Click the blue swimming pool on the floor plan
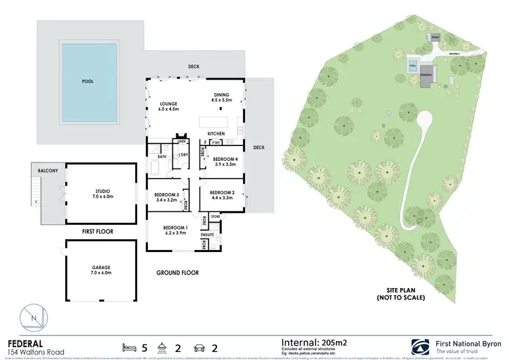88,80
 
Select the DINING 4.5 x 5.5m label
223,97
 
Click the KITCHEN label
216,132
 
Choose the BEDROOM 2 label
222,194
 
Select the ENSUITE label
207,235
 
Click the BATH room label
162,157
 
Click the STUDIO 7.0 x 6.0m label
103,194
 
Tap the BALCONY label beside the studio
47,170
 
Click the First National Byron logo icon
419,345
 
